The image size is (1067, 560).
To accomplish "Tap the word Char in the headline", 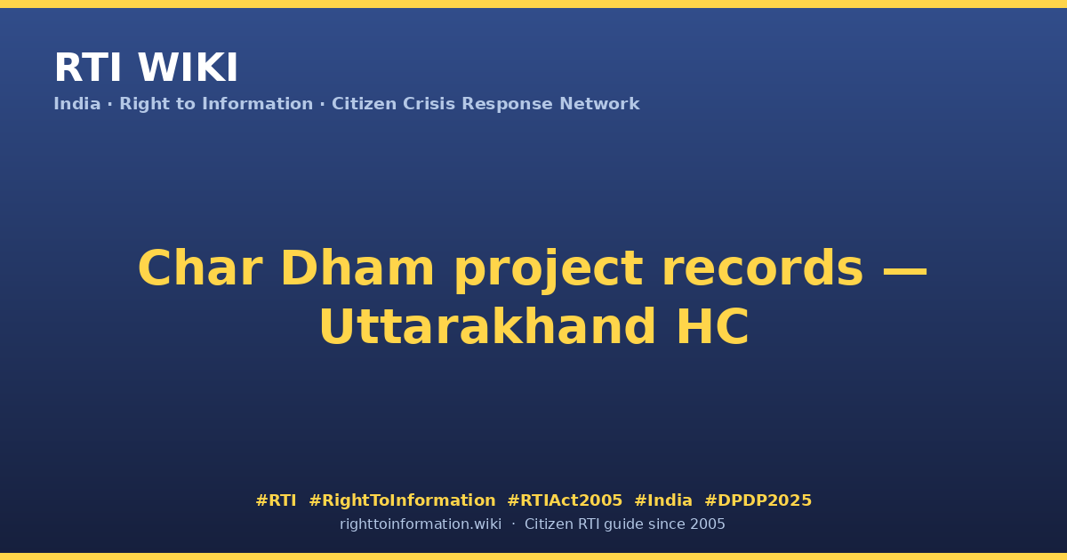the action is (x=200, y=268).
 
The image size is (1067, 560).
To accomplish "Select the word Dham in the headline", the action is (x=357, y=268).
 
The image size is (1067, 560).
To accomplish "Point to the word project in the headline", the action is (x=549, y=271).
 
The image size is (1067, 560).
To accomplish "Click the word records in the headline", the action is (x=763, y=268).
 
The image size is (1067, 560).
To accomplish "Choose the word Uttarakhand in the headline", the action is (x=487, y=327).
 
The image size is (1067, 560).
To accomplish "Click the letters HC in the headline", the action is (x=712, y=327).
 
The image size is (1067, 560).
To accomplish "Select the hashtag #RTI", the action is (x=276, y=500).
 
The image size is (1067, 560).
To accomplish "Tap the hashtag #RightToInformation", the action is (x=402, y=500).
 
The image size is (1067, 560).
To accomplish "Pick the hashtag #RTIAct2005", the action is (x=565, y=500).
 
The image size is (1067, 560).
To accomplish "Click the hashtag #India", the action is (x=663, y=500).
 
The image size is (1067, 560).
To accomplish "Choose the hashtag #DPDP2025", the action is (x=758, y=500).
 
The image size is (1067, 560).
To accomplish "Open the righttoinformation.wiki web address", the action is (x=420, y=524).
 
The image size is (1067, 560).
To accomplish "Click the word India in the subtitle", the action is (x=77, y=104).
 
